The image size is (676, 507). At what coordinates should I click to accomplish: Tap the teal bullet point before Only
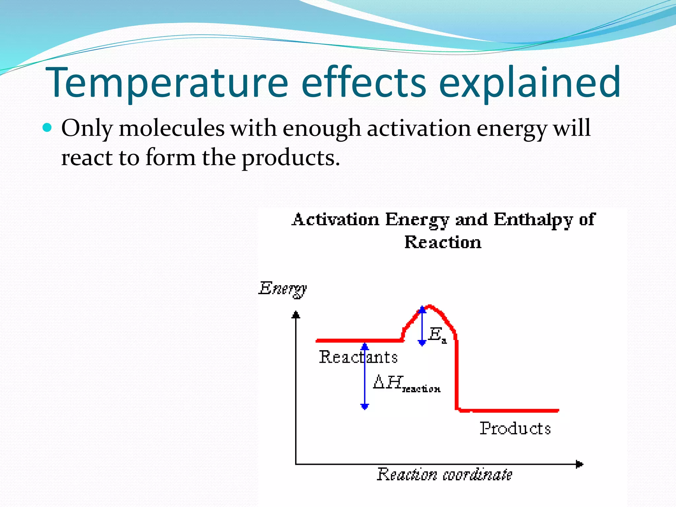point(48,128)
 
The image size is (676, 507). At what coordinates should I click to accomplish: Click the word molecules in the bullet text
point(172,128)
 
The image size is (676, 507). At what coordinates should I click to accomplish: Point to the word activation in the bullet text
point(419,128)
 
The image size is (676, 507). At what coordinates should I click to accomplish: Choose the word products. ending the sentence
point(290,158)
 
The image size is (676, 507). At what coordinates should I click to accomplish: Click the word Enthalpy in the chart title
point(533,220)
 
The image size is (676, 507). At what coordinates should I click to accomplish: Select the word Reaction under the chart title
point(443,243)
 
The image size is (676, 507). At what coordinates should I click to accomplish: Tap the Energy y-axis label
point(283,289)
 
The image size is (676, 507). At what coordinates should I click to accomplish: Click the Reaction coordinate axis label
point(444,475)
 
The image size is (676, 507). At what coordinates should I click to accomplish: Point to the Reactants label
point(358,357)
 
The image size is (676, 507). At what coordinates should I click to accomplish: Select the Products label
point(515,429)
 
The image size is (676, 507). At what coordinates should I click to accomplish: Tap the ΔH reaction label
point(406,384)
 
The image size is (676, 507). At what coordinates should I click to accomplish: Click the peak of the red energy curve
point(429,306)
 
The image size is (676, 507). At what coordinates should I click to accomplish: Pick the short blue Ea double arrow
point(422,326)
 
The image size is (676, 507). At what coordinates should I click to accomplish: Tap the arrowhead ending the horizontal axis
point(579,464)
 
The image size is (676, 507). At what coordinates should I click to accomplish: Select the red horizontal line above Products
point(508,411)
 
